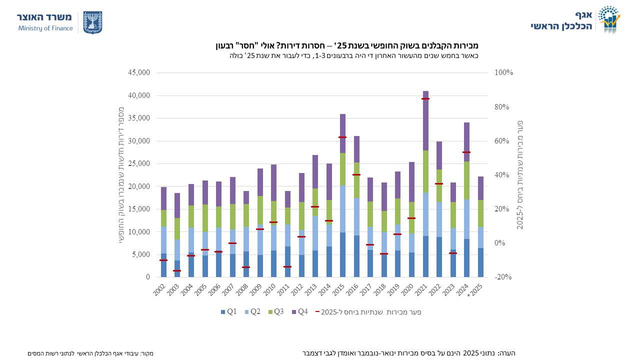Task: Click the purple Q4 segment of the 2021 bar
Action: tap(425, 120)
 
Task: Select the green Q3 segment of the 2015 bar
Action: tap(342, 169)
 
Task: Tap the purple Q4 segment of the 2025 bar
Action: tap(480, 188)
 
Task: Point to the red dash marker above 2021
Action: tap(425, 99)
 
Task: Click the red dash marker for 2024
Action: tap(466, 152)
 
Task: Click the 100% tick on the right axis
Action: tap(503, 72)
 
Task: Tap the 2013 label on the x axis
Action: tap(313, 289)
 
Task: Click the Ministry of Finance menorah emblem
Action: tap(92, 22)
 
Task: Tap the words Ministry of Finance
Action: tap(45, 28)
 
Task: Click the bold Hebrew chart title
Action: tap(347, 45)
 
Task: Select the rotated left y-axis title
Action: tap(121, 174)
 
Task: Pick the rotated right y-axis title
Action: tap(520, 174)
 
